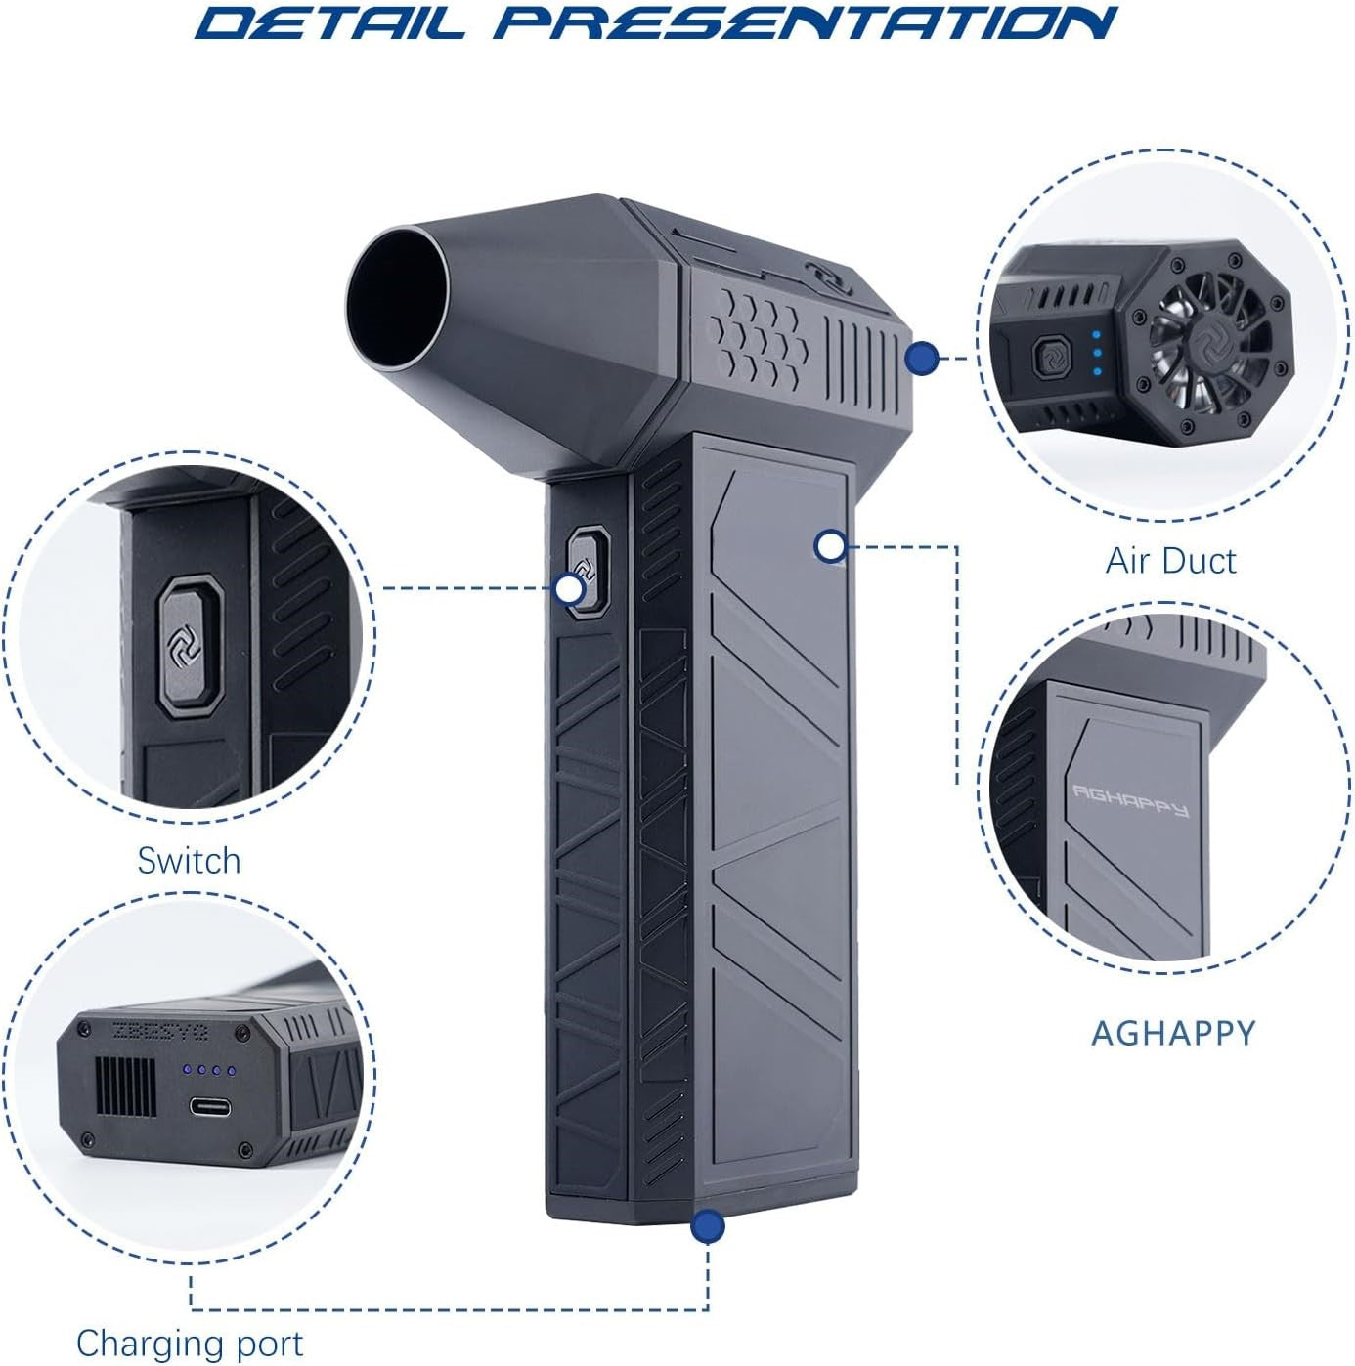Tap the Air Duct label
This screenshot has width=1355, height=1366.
click(1170, 561)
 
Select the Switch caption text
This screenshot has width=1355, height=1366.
click(188, 861)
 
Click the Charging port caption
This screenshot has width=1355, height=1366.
click(190, 1343)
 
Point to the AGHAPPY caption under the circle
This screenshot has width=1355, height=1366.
click(1172, 1033)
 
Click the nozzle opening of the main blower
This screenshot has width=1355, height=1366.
click(395, 299)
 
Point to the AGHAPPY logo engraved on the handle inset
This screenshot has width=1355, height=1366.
click(1130, 800)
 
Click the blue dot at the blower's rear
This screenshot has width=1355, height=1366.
click(921, 359)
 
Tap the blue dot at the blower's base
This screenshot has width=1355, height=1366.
click(706, 1225)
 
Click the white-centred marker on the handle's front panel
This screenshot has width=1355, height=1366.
click(830, 546)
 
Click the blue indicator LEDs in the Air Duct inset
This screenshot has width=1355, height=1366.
click(1097, 354)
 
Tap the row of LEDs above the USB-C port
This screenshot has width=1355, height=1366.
click(207, 1071)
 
